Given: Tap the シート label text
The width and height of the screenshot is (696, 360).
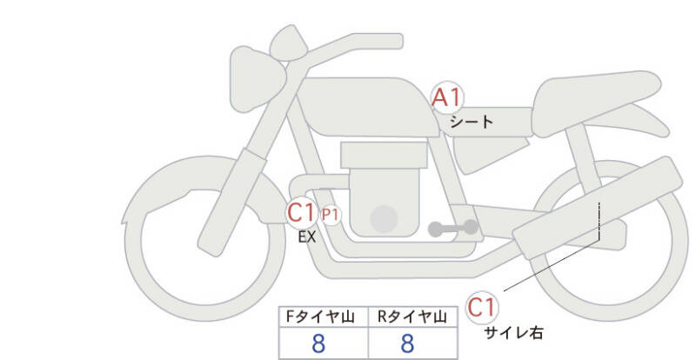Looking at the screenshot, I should point(472,123).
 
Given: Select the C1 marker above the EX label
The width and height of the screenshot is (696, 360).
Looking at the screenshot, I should point(302,211).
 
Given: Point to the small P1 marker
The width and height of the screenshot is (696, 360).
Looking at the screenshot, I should point(331,213).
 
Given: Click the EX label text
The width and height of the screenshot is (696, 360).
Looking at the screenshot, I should point(306,236).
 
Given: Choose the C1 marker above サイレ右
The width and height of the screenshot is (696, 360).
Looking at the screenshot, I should point(482,307).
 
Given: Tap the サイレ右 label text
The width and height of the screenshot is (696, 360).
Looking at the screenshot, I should point(514,331).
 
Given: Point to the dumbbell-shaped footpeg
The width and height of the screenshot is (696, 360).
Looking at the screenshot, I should point(453,229).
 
